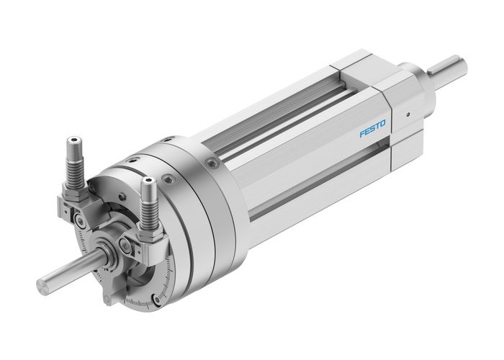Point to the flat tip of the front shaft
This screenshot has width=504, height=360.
[45, 278]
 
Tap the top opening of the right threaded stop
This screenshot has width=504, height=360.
[148, 183]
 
